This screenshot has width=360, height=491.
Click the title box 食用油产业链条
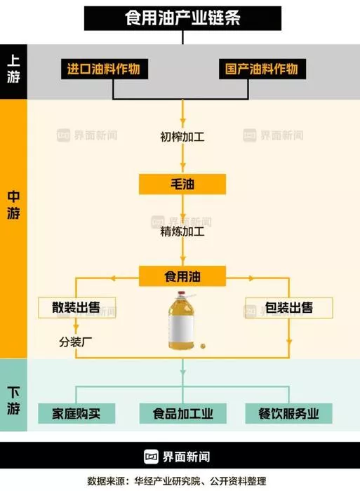(182, 18)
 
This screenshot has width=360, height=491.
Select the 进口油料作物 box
(105, 69)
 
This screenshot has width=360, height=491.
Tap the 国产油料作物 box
(262, 69)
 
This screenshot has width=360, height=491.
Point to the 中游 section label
(13, 205)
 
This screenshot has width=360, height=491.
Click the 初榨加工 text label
(182, 137)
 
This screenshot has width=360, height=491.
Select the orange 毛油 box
(182, 184)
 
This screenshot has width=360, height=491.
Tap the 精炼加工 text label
(182, 231)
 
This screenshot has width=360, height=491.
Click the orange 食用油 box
(182, 276)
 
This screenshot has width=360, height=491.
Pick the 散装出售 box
(76, 308)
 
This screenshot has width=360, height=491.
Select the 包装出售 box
(289, 308)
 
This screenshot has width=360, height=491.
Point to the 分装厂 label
(76, 342)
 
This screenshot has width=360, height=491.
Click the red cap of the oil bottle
(182, 295)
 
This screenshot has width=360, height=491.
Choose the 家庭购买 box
(76, 414)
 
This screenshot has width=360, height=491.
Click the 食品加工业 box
(182, 414)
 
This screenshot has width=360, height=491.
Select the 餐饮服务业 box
(288, 414)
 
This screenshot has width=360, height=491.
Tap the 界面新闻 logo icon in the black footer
(151, 457)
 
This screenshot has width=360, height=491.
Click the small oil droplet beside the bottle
(203, 346)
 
